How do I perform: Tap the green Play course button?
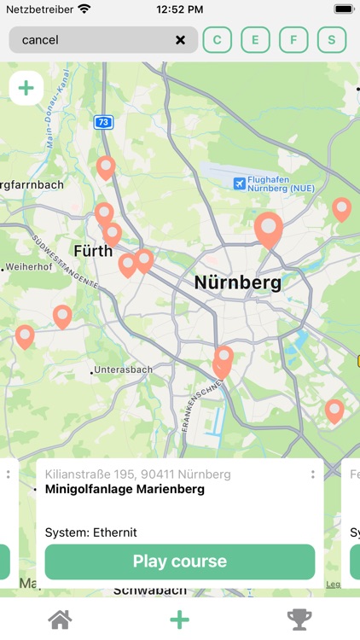click(x=179, y=561)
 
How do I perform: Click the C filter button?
click(x=217, y=40)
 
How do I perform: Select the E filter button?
click(x=255, y=40)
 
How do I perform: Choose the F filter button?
click(x=293, y=40)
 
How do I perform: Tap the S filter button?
click(x=332, y=40)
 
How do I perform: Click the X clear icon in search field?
click(x=181, y=40)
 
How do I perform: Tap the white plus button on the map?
click(x=26, y=88)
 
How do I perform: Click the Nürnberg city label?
click(x=237, y=282)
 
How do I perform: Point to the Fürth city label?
click(x=93, y=251)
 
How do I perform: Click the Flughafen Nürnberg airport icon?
click(x=240, y=183)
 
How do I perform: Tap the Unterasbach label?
click(x=122, y=369)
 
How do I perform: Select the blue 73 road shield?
click(x=103, y=123)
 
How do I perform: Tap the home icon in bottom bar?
click(x=60, y=620)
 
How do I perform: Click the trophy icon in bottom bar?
click(x=299, y=620)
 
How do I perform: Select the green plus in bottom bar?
click(x=179, y=620)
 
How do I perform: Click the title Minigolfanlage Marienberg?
click(x=125, y=490)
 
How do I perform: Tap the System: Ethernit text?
click(x=91, y=532)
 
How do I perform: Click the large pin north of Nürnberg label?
click(x=269, y=229)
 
